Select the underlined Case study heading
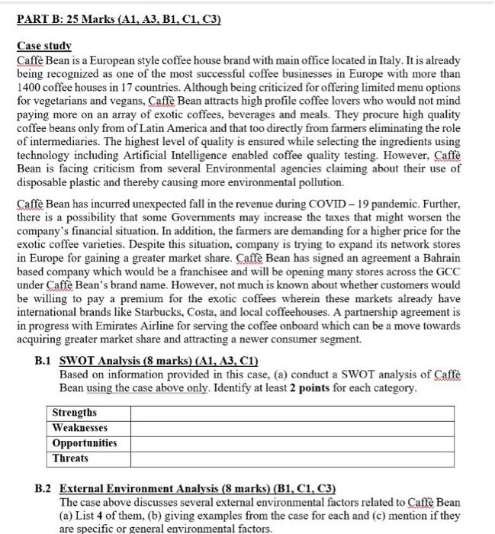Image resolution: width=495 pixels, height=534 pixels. click(44, 47)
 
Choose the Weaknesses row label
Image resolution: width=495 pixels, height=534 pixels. click(80, 428)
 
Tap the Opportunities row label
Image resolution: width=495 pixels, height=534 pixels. click(85, 443)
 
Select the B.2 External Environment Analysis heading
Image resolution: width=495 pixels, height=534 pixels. click(188, 489)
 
